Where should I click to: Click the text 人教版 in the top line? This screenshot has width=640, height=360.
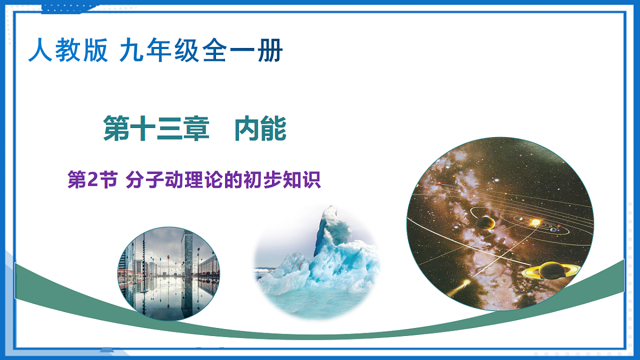tap(68, 51)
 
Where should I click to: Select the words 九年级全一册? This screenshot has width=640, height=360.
tap(201, 51)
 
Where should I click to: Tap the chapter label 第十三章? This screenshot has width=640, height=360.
tap(156, 130)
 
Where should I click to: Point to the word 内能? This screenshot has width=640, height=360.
tap(260, 130)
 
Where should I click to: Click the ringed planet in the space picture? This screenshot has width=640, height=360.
tap(548, 271)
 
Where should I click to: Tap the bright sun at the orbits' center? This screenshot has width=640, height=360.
tap(535, 222)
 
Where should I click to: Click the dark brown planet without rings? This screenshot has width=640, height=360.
tap(485, 222)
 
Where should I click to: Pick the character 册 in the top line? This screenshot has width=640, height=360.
tap(271, 51)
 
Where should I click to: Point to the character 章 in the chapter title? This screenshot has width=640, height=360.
tap(196, 130)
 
